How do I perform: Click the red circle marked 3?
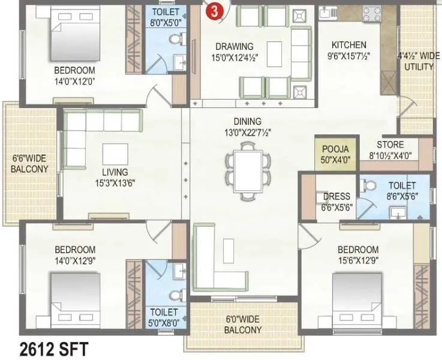214,10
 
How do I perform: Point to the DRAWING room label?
234,47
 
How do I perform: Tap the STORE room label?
390,145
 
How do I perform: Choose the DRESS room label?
336,197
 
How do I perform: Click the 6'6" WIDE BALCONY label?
29,164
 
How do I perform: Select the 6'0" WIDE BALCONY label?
243,324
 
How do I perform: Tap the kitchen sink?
328,11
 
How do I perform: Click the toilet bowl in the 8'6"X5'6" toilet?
368,186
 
